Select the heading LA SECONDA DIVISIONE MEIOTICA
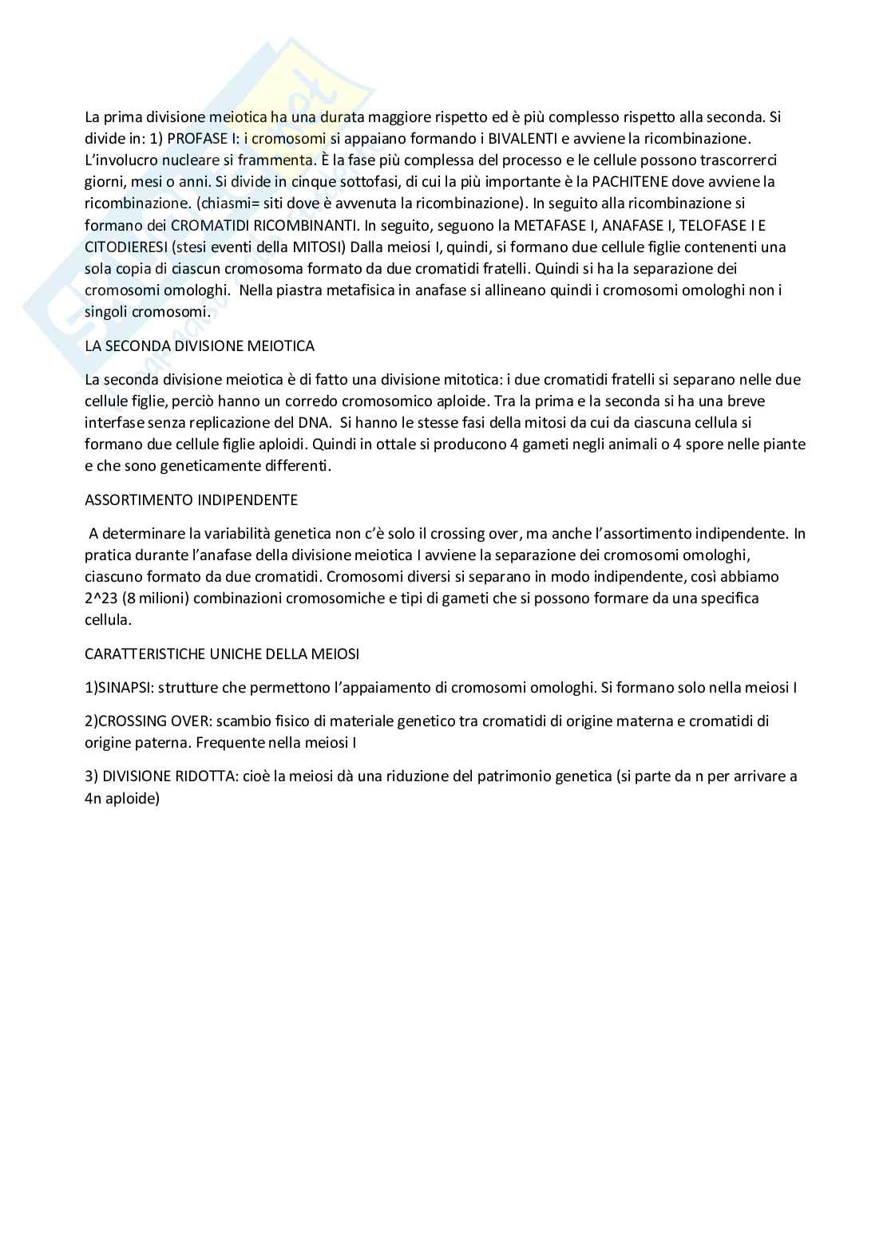[200, 346]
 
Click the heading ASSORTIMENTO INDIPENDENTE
[191, 500]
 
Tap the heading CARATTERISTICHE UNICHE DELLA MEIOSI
[222, 654]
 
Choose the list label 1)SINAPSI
[119, 687]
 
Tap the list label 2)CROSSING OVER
[148, 721]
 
